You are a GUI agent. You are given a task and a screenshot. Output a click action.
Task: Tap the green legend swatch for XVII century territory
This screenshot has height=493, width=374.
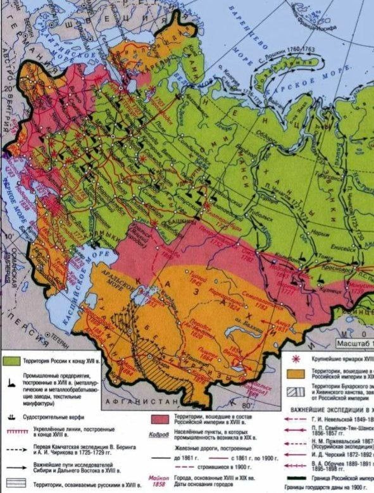[11, 360]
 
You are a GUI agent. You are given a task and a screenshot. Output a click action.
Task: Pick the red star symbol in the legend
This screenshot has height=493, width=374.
[294, 356]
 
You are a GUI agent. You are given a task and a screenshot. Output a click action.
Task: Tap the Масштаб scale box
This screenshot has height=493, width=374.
[354, 344]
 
